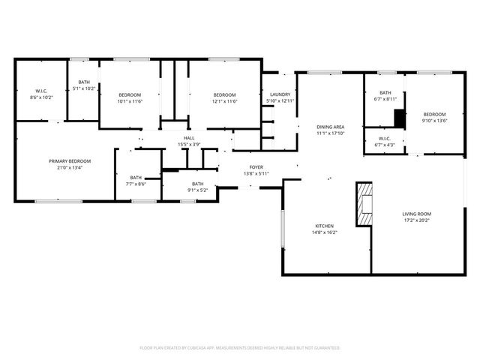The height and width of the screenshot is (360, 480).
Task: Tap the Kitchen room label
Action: pyautogui.click(x=325, y=226)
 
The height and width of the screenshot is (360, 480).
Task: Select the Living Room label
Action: pyautogui.click(x=416, y=214)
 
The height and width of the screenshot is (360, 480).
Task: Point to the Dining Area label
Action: pyautogui.click(x=330, y=127)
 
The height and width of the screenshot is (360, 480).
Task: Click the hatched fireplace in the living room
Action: pyautogui.click(x=364, y=203)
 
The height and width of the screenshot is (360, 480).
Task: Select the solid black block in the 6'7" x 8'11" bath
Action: pyautogui.click(x=400, y=118)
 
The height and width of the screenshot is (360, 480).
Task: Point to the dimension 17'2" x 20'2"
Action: pyautogui.click(x=416, y=220)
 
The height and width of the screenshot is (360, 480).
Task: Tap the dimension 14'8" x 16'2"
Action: pyautogui.click(x=325, y=232)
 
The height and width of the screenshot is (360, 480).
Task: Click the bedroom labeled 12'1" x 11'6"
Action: pyautogui.click(x=224, y=97)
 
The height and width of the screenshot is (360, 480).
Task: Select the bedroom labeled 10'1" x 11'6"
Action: pyautogui.click(x=130, y=97)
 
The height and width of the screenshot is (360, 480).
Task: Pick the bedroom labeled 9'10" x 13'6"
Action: pyautogui.click(x=433, y=117)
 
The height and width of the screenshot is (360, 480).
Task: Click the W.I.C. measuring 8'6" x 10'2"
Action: pyautogui.click(x=41, y=94)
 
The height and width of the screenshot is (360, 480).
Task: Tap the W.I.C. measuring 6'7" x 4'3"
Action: pyautogui.click(x=385, y=141)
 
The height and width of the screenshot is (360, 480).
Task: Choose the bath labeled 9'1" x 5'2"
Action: pyautogui.click(x=197, y=187)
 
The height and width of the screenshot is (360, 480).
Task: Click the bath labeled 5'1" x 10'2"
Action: pyautogui.click(x=83, y=85)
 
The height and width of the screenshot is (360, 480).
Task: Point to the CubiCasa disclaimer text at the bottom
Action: pyautogui.click(x=240, y=348)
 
